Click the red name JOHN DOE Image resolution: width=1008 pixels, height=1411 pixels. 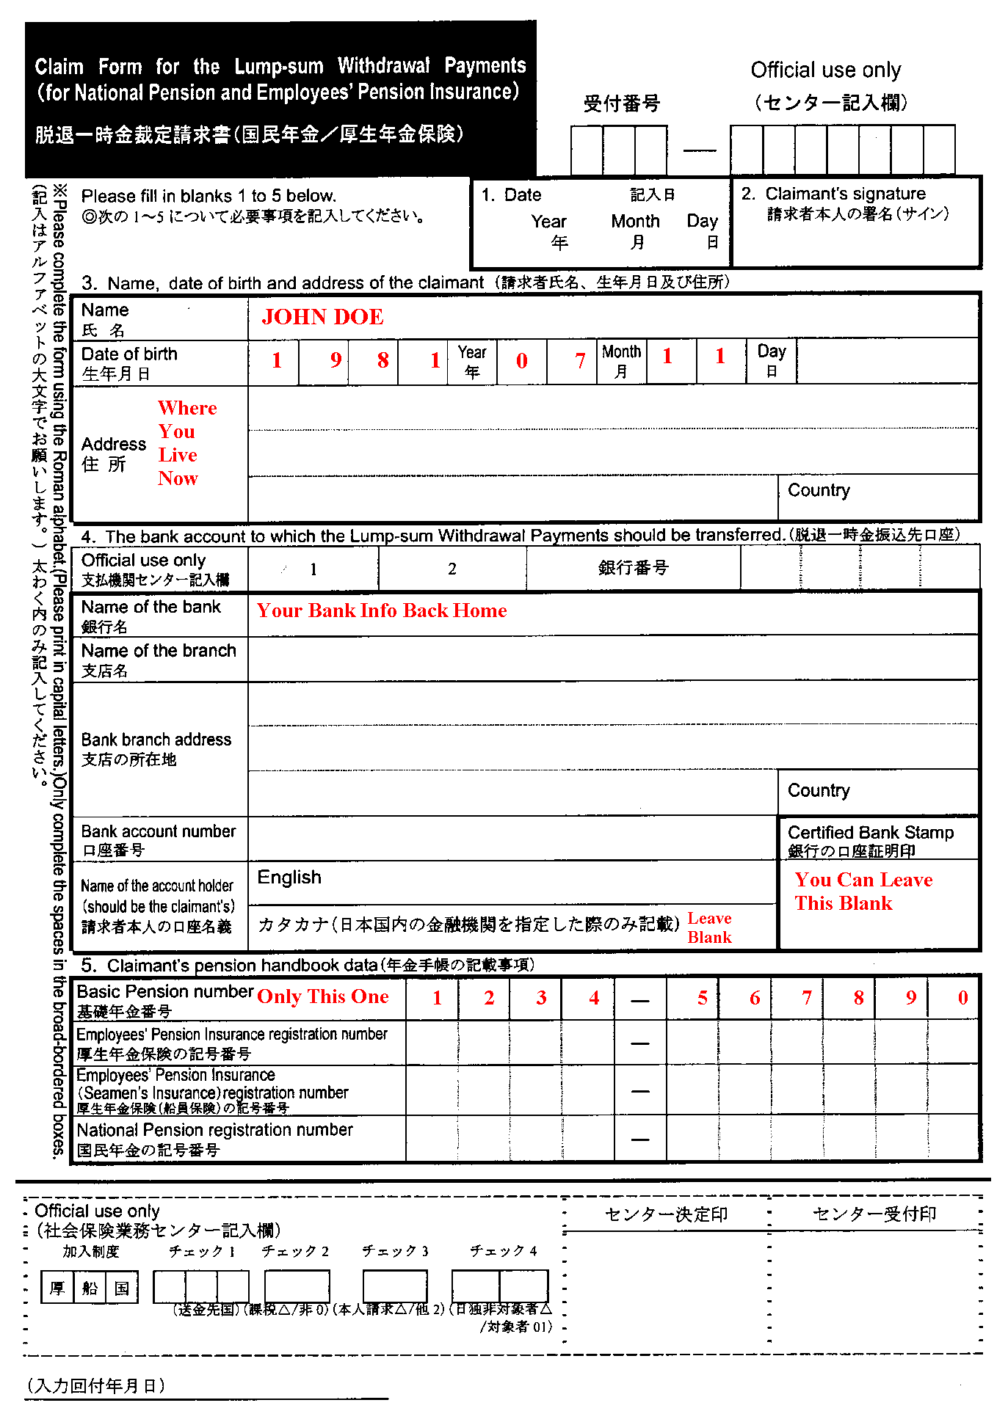click(322, 317)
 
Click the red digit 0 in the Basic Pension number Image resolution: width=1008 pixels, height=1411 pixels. click(962, 998)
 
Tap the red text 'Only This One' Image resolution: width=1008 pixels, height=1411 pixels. click(322, 996)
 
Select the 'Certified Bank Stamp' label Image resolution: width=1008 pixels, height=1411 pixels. click(870, 833)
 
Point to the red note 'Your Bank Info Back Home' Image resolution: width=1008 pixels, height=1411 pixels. click(381, 610)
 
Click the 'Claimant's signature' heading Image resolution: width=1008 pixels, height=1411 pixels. click(845, 194)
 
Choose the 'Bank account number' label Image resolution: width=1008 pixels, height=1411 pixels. click(159, 831)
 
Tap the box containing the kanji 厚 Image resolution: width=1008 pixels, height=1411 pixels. click(57, 1288)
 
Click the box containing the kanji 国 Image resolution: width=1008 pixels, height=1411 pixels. click(122, 1288)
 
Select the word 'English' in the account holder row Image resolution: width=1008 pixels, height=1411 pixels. click(289, 878)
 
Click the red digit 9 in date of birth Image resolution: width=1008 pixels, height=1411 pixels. click(336, 360)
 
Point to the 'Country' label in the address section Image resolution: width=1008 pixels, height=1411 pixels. click(819, 490)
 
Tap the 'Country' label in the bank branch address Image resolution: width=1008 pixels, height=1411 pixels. click(819, 790)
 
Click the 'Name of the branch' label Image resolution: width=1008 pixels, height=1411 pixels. click(159, 651)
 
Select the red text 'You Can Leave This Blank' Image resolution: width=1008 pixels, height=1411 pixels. click(863, 892)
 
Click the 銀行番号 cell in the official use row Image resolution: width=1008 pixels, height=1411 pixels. click(633, 568)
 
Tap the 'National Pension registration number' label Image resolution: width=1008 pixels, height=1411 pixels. click(214, 1130)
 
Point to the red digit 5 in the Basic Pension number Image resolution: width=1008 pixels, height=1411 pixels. click(703, 998)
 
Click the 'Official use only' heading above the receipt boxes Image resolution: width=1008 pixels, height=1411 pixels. click(825, 70)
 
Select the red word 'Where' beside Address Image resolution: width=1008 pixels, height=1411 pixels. click(187, 408)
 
